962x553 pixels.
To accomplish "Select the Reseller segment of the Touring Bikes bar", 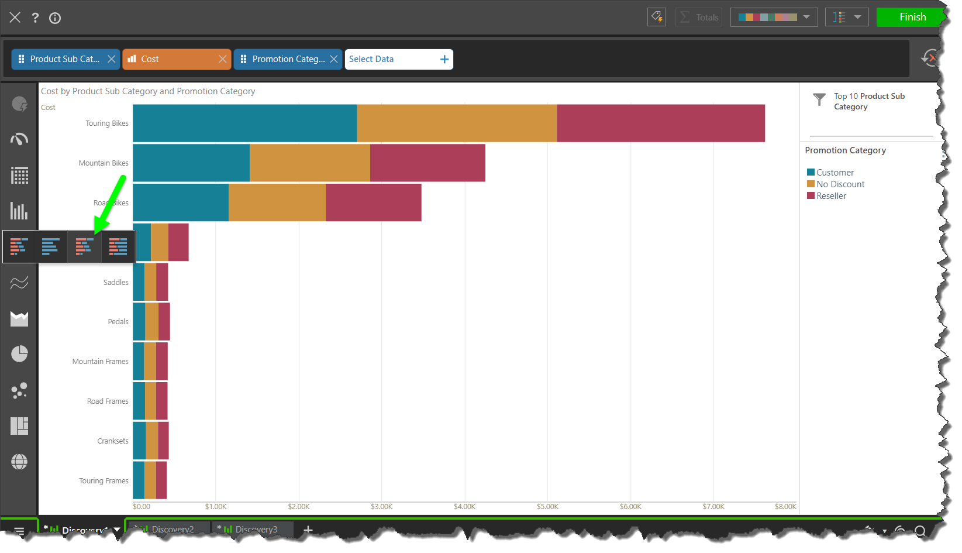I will [660, 123].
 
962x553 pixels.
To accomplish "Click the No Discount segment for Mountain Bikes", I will [309, 163].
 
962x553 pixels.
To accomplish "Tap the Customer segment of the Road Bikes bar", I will [180, 202].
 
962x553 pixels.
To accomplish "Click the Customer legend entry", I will [835, 173].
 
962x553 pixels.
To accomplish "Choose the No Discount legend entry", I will [840, 184].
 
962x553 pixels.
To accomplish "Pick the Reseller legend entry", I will [831, 196].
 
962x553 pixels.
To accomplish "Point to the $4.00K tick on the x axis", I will [464, 507].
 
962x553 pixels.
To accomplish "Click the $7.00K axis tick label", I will [713, 507].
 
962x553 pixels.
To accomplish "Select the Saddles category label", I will [116, 283].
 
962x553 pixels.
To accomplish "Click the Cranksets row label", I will [113, 441].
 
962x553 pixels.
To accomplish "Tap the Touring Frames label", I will [104, 481].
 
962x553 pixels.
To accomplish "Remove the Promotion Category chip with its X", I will [334, 59].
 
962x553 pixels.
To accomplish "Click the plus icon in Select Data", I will [444, 59].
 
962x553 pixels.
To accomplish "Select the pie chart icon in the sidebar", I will [19, 354].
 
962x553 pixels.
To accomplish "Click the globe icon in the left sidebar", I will [19, 462].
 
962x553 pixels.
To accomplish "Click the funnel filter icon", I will [819, 99].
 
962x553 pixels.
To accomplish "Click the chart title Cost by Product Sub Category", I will [148, 91].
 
